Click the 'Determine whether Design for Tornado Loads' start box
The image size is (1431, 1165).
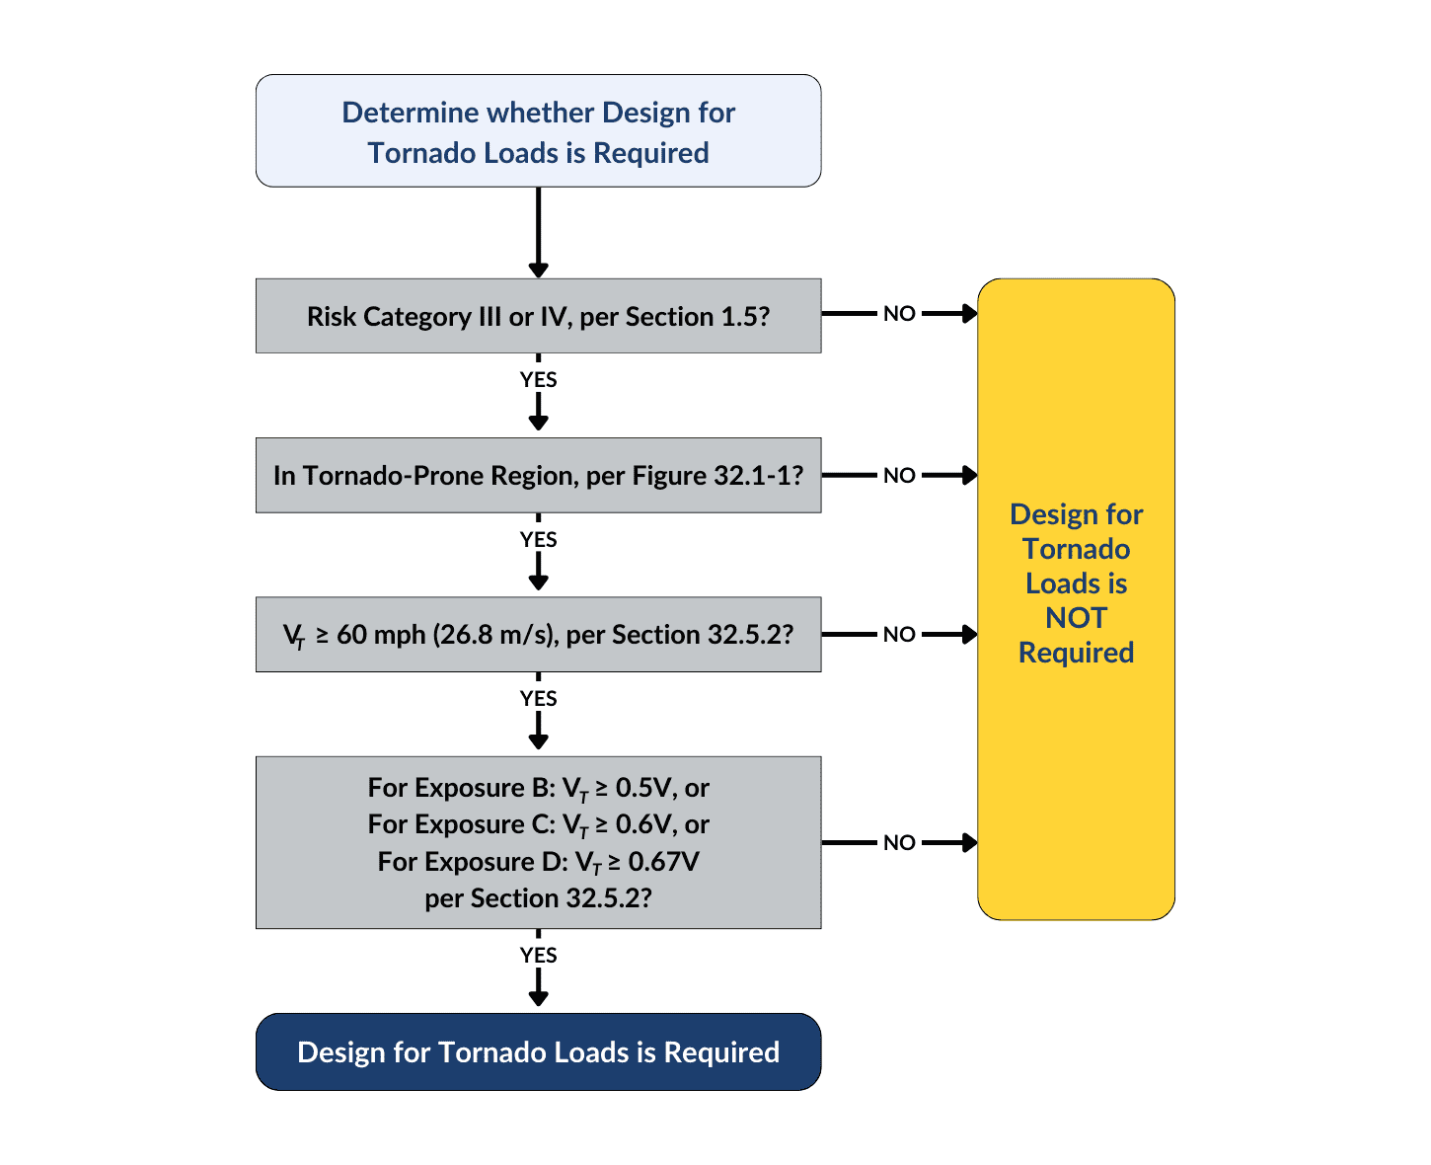[538, 131]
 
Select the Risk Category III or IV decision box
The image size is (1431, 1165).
[538, 316]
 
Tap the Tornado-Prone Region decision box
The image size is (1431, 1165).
[538, 475]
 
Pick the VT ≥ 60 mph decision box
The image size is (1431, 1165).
[538, 634]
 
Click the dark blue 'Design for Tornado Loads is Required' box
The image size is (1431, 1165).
[538, 1051]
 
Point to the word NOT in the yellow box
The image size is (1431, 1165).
[1076, 618]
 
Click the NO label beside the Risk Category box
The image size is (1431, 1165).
[899, 314]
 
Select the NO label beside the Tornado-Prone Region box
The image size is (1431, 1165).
[899, 475]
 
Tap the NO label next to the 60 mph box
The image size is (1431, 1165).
[899, 634]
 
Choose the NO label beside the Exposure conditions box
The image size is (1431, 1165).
[899, 842]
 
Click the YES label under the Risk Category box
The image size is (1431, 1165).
[538, 379]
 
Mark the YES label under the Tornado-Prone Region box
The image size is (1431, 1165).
[538, 539]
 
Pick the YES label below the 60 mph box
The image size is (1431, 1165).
[538, 698]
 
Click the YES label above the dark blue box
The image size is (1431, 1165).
[538, 955]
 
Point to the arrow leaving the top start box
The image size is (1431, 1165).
[538, 232]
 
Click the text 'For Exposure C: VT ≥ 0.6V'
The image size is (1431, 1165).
[538, 824]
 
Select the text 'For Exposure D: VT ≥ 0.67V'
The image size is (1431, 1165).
[538, 862]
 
